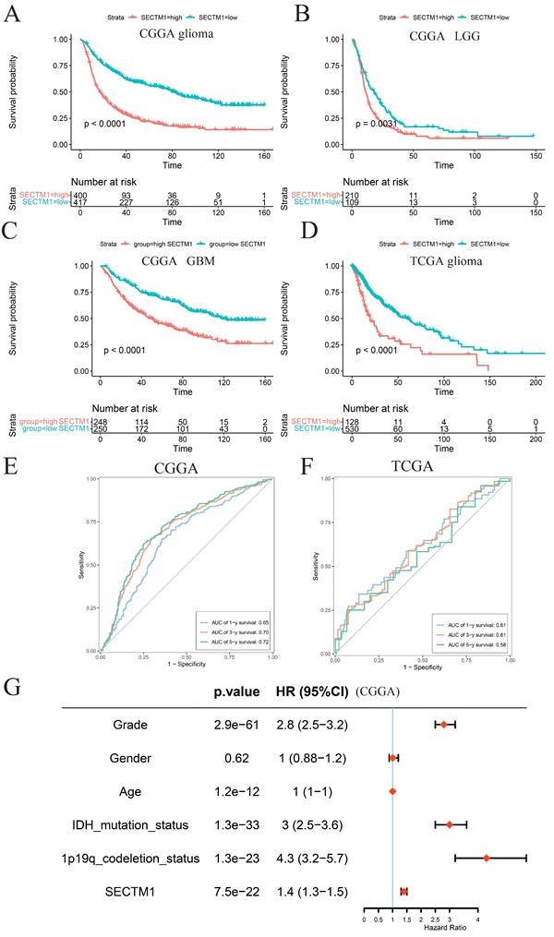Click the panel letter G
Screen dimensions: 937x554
click(x=12, y=687)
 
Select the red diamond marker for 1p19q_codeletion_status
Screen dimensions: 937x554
click(x=487, y=859)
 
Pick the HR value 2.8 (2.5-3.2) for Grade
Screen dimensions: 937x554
click(x=311, y=725)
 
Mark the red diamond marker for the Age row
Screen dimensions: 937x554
click(x=392, y=791)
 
